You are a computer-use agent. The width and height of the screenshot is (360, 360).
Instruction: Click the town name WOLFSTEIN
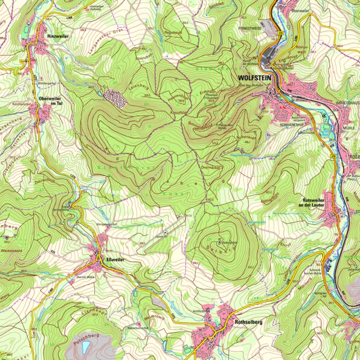tap(256, 78)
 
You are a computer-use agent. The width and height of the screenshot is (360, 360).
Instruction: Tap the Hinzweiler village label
tap(59, 37)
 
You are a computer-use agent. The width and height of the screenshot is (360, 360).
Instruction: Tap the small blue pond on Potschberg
tap(86, 346)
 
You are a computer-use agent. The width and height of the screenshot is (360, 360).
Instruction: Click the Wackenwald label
tap(11, 249)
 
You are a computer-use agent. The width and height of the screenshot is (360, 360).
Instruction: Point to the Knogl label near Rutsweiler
tap(285, 245)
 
